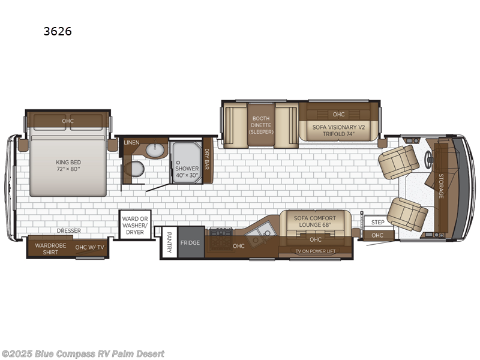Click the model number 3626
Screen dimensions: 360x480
[x=57, y=31]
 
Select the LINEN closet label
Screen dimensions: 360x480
[x=132, y=143]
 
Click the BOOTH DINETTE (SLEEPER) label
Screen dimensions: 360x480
[x=262, y=125]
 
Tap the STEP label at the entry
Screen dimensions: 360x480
[x=377, y=222]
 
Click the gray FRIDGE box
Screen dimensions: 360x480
[x=190, y=242]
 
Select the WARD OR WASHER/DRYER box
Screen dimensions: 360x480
[x=134, y=224]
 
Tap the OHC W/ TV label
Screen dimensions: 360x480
[x=89, y=247]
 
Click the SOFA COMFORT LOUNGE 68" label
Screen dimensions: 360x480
[x=315, y=221]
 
